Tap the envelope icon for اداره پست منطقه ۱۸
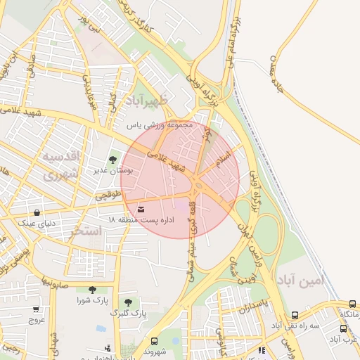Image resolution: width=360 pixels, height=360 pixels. [141, 210]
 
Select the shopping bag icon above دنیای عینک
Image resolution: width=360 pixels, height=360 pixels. [37, 212]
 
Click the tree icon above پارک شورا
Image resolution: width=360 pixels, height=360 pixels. [92, 290]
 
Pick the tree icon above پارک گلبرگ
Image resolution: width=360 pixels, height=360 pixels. [127, 302]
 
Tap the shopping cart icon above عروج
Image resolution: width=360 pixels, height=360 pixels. [36, 309]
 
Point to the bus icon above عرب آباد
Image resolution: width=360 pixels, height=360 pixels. [342, 328]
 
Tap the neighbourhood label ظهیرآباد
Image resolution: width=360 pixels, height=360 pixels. [147, 102]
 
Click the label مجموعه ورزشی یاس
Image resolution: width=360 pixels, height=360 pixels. [159, 125]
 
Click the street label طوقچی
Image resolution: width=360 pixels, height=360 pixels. [108, 198]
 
